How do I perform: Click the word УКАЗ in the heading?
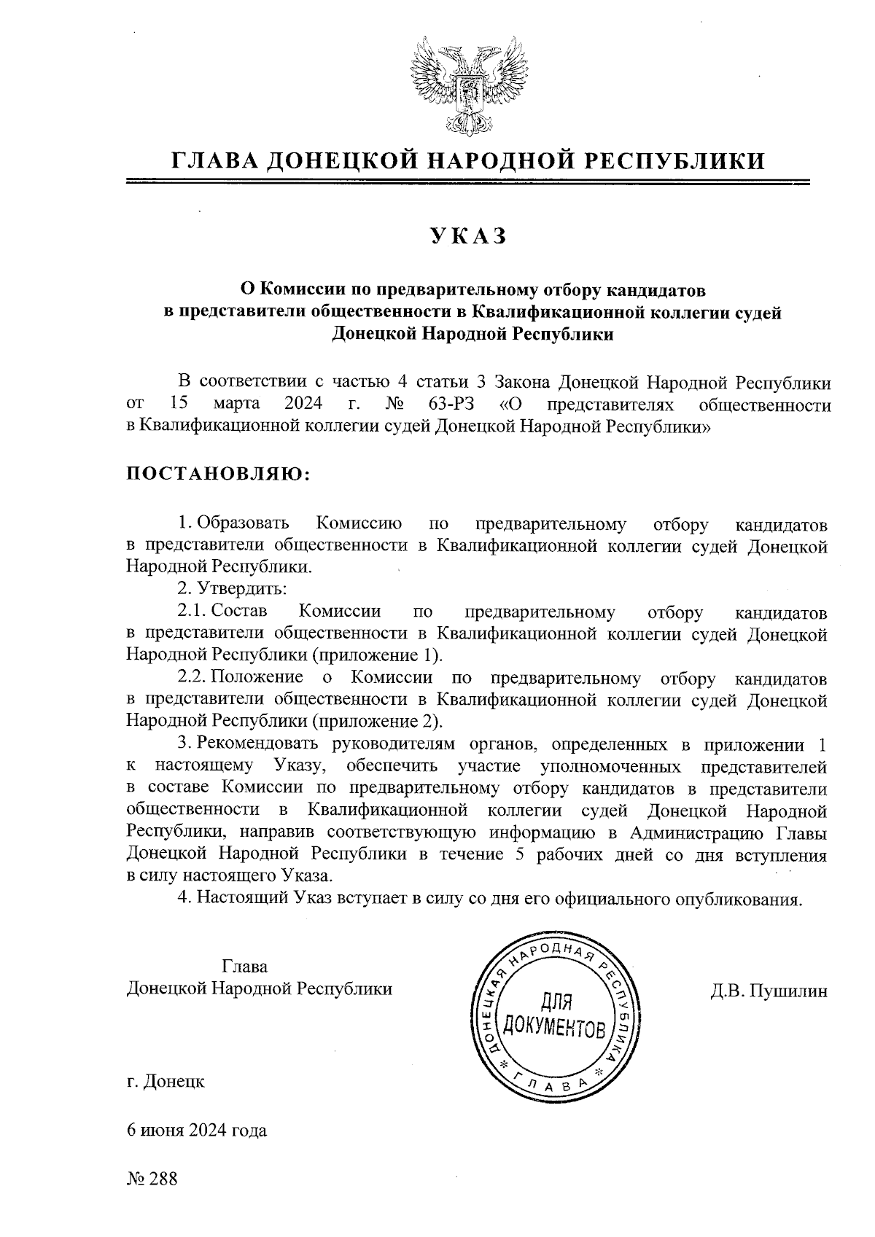(467, 236)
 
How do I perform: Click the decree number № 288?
(152, 1179)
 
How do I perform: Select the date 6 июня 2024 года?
(197, 1131)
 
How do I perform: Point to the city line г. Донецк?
(166, 1082)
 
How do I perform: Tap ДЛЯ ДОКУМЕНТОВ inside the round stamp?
(555, 1016)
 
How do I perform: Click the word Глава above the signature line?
(244, 967)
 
